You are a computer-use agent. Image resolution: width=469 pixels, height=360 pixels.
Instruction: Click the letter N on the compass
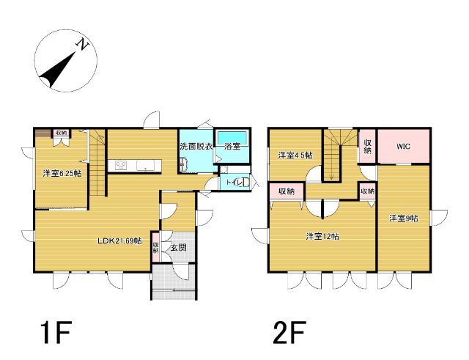tap(84, 45)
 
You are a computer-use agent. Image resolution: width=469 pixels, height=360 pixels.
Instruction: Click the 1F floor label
tap(57, 332)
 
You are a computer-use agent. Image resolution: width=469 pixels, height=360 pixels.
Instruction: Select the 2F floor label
tap(289, 332)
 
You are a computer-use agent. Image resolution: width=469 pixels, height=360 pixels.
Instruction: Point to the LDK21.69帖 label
tap(120, 240)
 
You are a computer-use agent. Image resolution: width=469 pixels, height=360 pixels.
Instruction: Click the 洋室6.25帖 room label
tap(62, 173)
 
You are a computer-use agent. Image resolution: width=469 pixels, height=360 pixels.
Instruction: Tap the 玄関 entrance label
tap(179, 248)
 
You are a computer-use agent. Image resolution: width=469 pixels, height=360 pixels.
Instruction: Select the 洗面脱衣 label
tap(196, 147)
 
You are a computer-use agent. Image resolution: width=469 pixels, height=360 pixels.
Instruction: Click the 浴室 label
tap(232, 147)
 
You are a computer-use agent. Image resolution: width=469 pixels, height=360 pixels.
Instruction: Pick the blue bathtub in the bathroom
tap(233, 138)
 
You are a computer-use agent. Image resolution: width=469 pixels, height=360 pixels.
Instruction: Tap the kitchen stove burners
tap(121, 165)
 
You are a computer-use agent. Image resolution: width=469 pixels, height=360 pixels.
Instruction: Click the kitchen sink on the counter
tap(145, 165)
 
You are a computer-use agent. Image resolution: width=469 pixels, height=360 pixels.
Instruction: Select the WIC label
tap(404, 147)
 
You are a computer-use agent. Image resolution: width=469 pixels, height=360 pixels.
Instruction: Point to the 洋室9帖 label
tap(404, 218)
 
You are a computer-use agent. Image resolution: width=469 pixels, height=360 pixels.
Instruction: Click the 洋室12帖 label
tap(322, 236)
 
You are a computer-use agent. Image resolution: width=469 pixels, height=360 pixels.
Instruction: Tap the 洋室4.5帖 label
tap(295, 155)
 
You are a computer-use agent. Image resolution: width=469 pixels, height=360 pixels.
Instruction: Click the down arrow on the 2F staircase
tap(331, 177)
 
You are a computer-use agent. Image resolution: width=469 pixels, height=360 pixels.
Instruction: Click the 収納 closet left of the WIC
tap(368, 147)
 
